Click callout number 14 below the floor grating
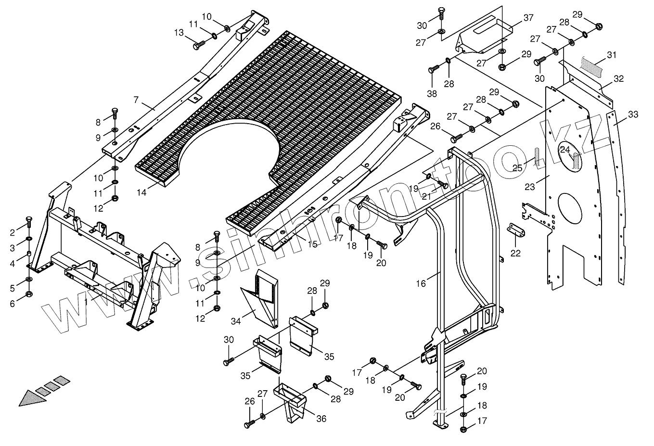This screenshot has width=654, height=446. [x=141, y=192]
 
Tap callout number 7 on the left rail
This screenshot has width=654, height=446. [x=136, y=100]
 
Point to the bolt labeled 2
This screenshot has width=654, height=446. [x=29, y=222]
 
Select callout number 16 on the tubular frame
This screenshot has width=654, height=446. [x=421, y=283]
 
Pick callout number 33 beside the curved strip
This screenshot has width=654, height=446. [x=633, y=115]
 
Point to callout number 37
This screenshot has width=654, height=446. [x=528, y=18]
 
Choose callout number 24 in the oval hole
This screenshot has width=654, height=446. [x=565, y=150]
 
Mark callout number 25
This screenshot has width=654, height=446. [x=517, y=167]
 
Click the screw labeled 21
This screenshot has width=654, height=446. [x=442, y=184]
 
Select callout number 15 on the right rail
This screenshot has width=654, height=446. [x=313, y=244]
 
